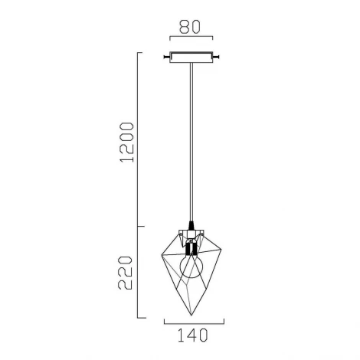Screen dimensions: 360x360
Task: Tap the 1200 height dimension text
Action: click(x=127, y=142)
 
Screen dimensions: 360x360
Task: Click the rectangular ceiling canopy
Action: click(x=188, y=57)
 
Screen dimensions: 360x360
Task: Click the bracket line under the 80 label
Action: click(x=188, y=38)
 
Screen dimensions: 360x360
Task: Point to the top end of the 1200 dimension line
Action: click(x=139, y=52)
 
